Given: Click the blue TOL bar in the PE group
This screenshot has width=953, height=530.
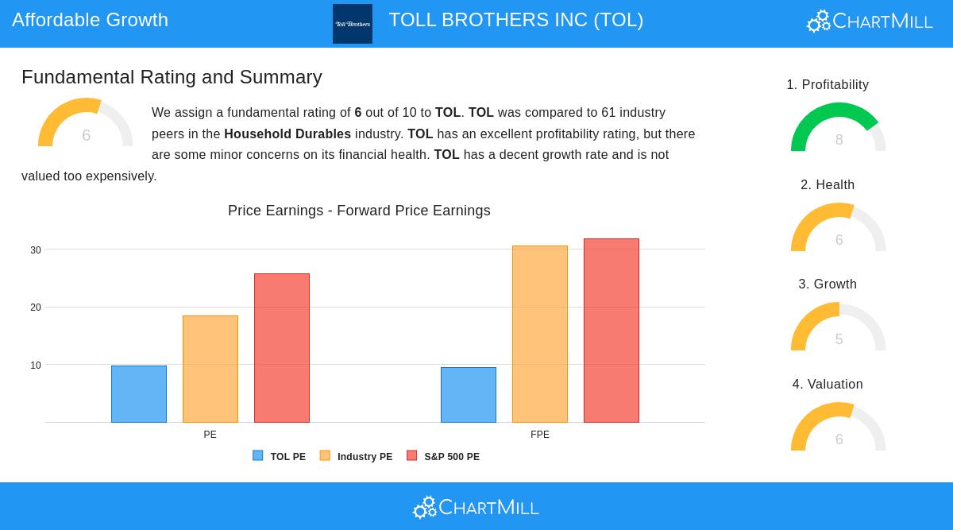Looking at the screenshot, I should coord(139,394).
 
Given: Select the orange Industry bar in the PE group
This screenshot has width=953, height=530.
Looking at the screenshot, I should coord(210,369).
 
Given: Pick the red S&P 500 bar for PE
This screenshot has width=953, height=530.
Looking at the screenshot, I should coord(282,348).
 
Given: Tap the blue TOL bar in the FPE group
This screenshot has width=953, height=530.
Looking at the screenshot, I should coord(469,395).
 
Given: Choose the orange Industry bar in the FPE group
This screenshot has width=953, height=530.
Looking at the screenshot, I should coord(540,334).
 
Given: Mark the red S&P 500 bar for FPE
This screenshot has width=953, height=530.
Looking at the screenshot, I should coord(612,331).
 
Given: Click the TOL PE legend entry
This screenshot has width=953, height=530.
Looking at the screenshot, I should coord(280,457).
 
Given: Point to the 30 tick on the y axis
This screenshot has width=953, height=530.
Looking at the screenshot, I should coord(36,250).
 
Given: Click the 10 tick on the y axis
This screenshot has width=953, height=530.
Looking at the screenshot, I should coord(36,366).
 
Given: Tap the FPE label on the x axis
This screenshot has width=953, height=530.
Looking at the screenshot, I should coord(540,435).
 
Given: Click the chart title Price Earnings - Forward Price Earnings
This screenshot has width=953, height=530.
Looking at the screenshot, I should coord(359,211).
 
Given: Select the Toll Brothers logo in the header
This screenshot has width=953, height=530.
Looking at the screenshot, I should coord(353,24).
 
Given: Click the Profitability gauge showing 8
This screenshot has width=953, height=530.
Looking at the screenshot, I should coord(839,129).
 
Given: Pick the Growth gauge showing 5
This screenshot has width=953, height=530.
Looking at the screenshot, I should coord(839,328).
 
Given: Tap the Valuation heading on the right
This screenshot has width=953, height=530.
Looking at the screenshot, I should coord(828,385).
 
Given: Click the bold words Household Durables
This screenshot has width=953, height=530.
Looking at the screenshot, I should coord(287,134).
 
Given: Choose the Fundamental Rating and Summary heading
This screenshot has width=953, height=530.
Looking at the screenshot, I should coord(172,77).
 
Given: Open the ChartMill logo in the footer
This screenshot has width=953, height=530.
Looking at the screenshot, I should coord(476,507).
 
